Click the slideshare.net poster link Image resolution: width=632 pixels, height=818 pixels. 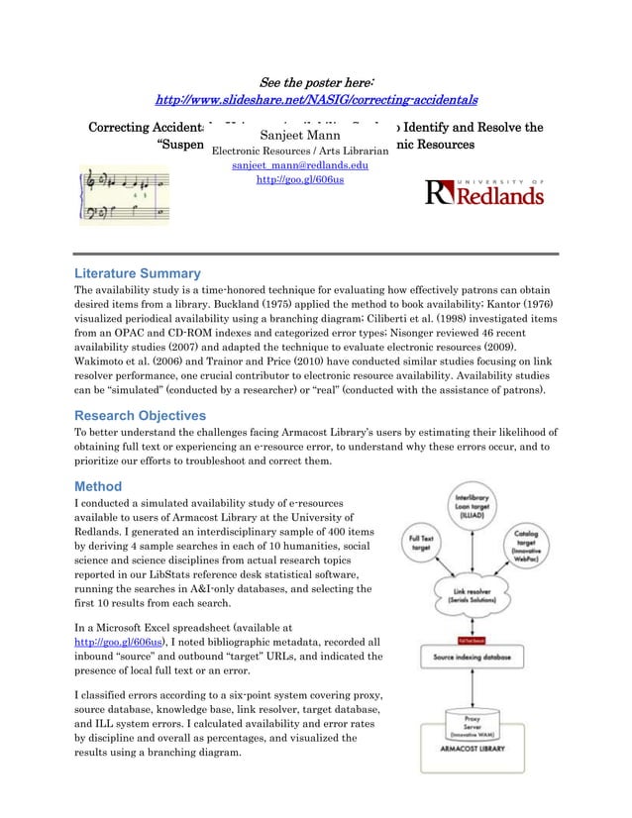[316, 99]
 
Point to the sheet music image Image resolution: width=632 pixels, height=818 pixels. [125, 196]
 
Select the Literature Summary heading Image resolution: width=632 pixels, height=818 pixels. [138, 273]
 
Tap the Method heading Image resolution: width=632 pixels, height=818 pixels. [99, 486]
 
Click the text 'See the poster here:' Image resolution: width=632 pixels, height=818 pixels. [316, 80]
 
